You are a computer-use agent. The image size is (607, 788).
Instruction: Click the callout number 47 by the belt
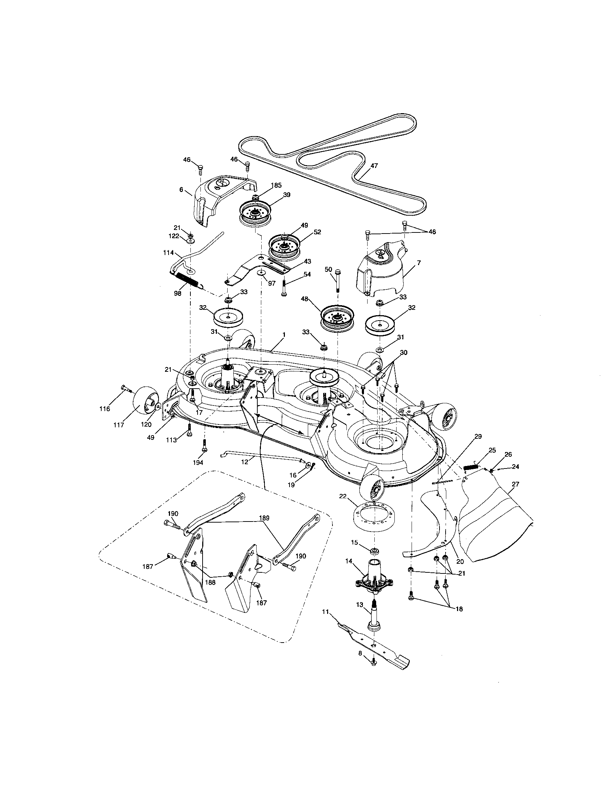[374, 165]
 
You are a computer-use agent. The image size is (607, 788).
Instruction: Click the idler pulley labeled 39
[256, 216]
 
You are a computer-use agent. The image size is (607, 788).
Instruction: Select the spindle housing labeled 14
[374, 577]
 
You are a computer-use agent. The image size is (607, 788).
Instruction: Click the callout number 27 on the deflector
[515, 484]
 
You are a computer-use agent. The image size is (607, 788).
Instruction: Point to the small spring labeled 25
[471, 466]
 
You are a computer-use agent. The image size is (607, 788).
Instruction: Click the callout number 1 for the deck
[284, 335]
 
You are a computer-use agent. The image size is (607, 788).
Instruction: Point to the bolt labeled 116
[125, 388]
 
